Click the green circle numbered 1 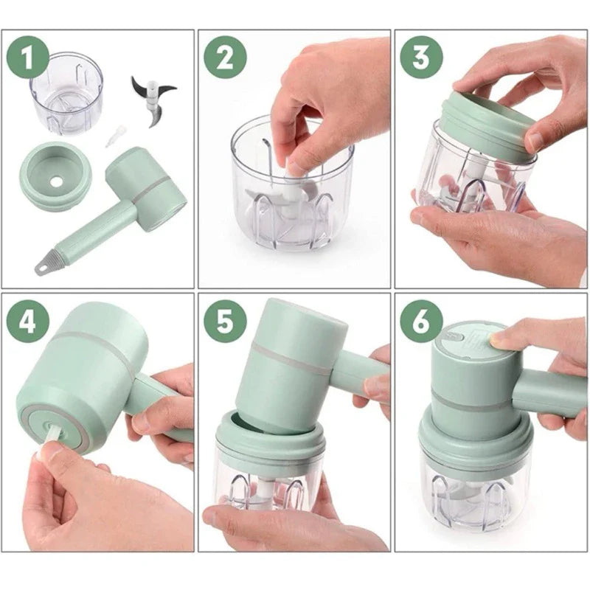tap(28, 58)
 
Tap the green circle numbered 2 tap(225, 58)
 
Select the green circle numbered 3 tap(421, 58)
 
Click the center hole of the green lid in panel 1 tap(56, 181)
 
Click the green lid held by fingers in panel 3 tap(489, 123)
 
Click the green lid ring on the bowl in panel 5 tap(270, 437)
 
